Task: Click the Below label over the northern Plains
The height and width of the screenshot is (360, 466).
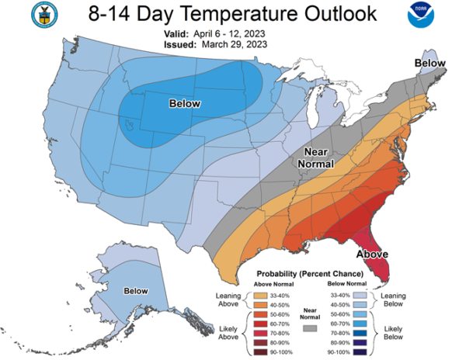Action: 185,103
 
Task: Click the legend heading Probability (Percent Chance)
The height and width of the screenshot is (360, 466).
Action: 311,274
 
